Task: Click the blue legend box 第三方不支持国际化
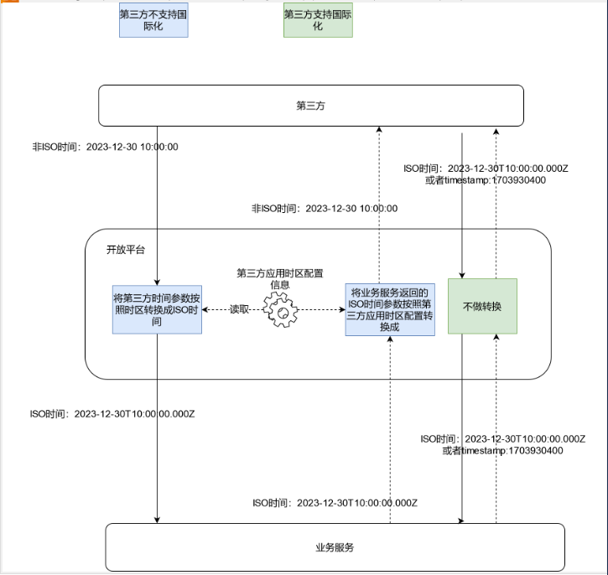[153, 19]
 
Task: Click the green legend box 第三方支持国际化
[318, 19]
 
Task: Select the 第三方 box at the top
[311, 106]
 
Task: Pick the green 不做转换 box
[481, 306]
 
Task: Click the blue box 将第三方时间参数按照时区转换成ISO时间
[157, 309]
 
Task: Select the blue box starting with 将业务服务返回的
[390, 310]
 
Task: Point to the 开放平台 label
[125, 250]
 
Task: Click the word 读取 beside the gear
[239, 309]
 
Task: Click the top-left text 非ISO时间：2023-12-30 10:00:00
[105, 147]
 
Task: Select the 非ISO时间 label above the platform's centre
[325, 209]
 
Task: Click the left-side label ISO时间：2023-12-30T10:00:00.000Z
[113, 414]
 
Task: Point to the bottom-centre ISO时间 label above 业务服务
[335, 503]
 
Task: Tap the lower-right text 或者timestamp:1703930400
[502, 451]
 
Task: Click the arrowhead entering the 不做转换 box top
[462, 274]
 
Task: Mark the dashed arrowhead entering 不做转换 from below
[496, 337]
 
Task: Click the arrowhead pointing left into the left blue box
[206, 309]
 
